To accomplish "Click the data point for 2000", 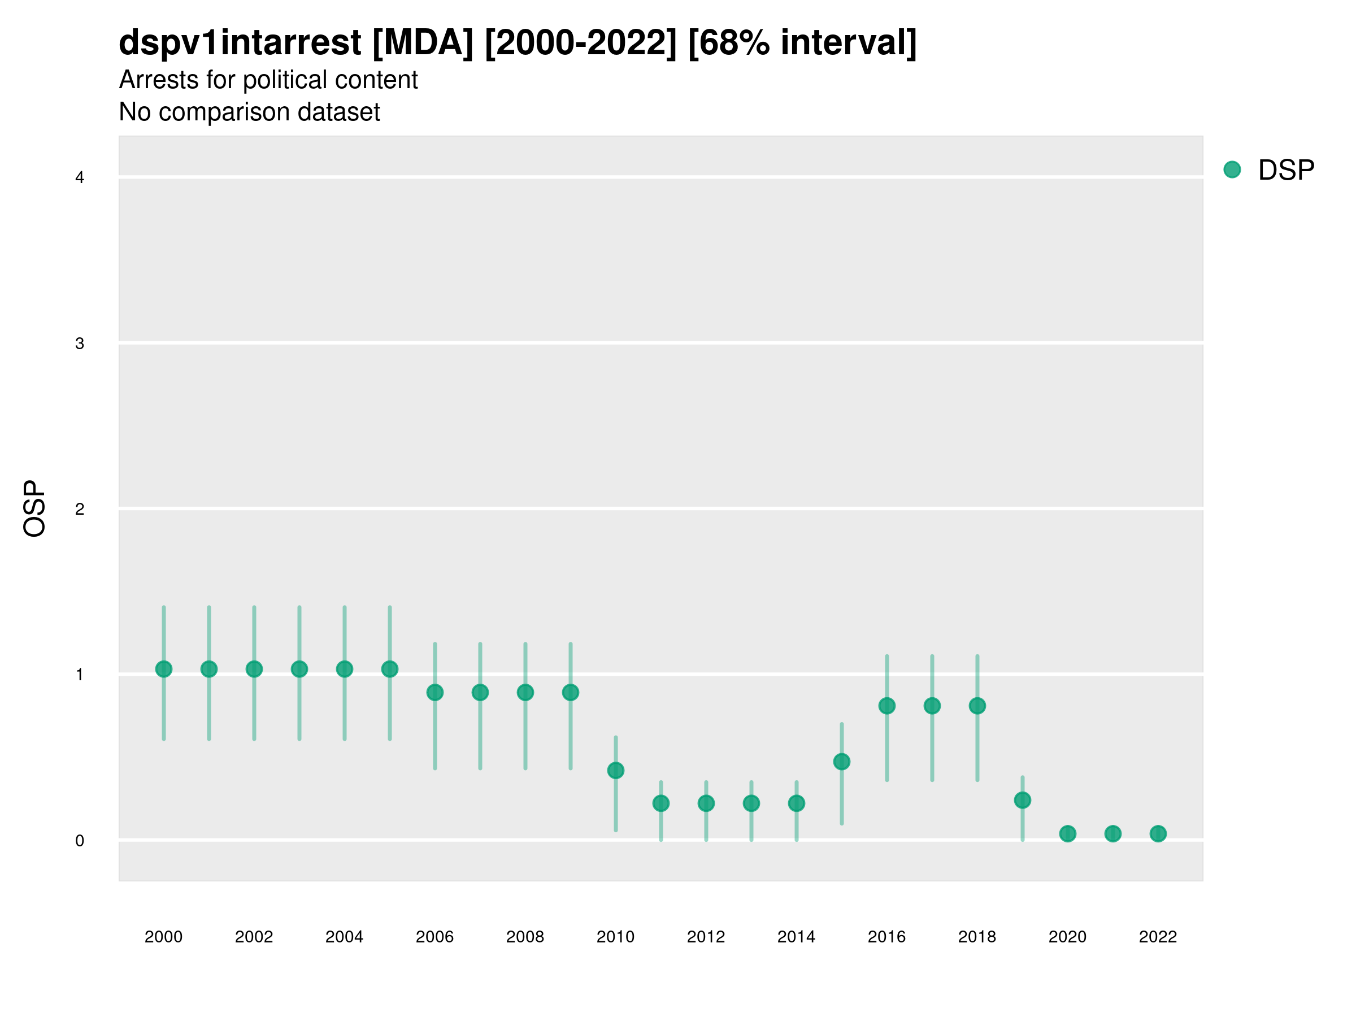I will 164,669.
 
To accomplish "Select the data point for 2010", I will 615,770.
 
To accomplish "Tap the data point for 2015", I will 842,762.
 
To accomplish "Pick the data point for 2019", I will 1023,800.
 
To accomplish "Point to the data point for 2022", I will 1158,834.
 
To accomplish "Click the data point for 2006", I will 435,692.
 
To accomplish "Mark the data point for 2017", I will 932,706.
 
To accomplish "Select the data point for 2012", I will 706,803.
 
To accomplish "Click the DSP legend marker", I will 1232,169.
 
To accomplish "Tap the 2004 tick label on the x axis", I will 345,937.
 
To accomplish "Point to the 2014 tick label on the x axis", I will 796,937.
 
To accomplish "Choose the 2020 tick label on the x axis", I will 1067,937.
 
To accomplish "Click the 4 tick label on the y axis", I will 80,178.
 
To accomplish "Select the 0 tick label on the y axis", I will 80,841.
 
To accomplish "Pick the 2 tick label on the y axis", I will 80,509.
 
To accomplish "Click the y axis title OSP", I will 34,509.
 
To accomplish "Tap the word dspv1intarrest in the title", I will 240,43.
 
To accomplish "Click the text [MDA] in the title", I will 423,43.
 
